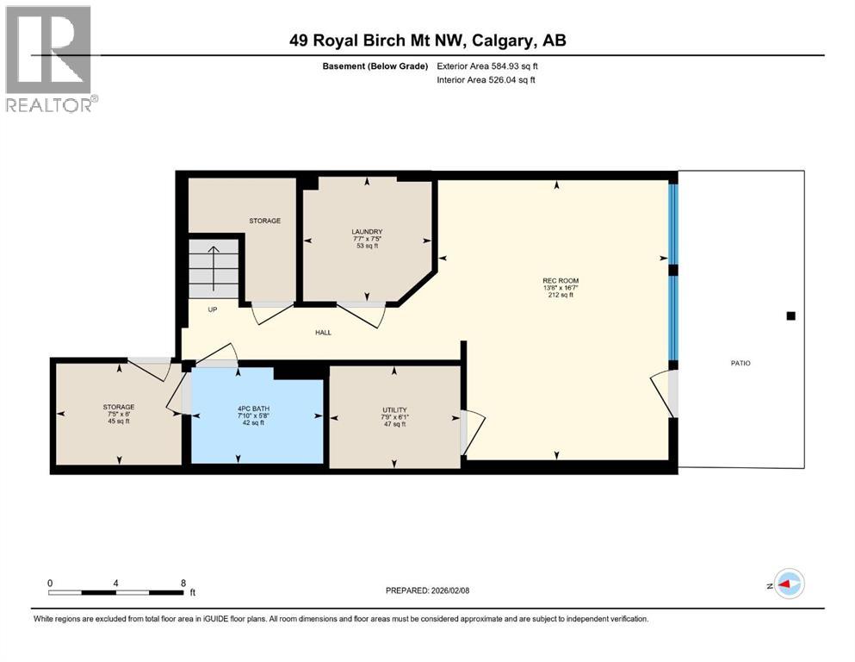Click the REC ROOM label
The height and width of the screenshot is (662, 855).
(561, 280)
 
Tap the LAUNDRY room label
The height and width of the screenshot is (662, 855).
(367, 232)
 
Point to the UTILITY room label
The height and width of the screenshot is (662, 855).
(395, 409)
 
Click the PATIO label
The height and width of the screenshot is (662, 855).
(740, 363)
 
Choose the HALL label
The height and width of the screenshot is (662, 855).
(323, 333)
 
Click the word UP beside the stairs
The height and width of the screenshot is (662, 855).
(212, 309)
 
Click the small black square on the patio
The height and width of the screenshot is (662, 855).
(790, 316)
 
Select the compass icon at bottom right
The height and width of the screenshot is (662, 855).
(788, 584)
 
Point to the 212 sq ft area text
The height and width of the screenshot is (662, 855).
(561, 295)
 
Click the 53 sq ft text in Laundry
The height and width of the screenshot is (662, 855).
(367, 247)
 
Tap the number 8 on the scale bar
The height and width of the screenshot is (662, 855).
(183, 584)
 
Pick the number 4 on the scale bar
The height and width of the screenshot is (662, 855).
(116, 584)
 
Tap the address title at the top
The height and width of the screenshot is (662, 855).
(427, 41)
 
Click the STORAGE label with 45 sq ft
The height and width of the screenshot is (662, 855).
(118, 407)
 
